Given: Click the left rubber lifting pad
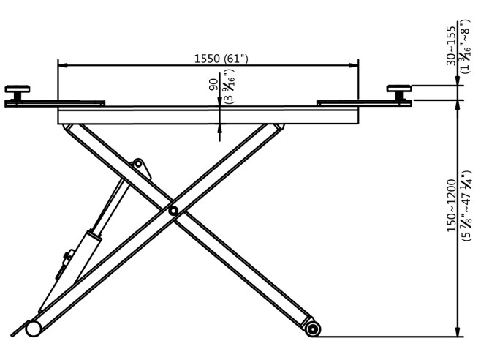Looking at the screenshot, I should (x=16, y=89).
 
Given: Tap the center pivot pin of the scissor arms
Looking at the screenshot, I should (x=173, y=211).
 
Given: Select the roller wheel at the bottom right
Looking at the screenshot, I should (x=314, y=329).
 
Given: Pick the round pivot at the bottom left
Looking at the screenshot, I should (x=34, y=329).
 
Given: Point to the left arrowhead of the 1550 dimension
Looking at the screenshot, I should (x=61, y=65).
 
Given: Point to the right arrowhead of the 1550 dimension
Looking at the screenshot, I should (x=359, y=65).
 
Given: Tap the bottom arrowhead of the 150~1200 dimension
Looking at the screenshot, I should (x=458, y=333).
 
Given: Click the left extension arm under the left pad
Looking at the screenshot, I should (x=44, y=103).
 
